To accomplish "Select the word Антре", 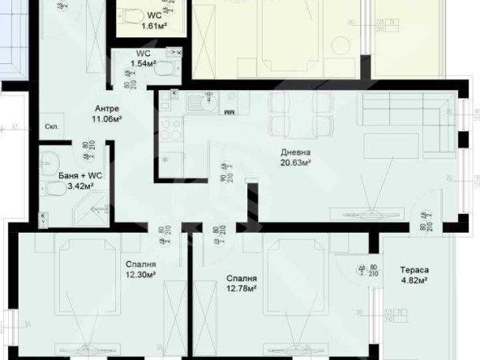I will coord(107,109).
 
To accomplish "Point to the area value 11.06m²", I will coord(106,118).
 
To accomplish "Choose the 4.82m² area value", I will coord(414,281).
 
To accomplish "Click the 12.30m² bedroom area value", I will coord(140,274).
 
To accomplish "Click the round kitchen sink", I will coord(204,102).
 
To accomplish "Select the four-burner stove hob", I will coord(171,129).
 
